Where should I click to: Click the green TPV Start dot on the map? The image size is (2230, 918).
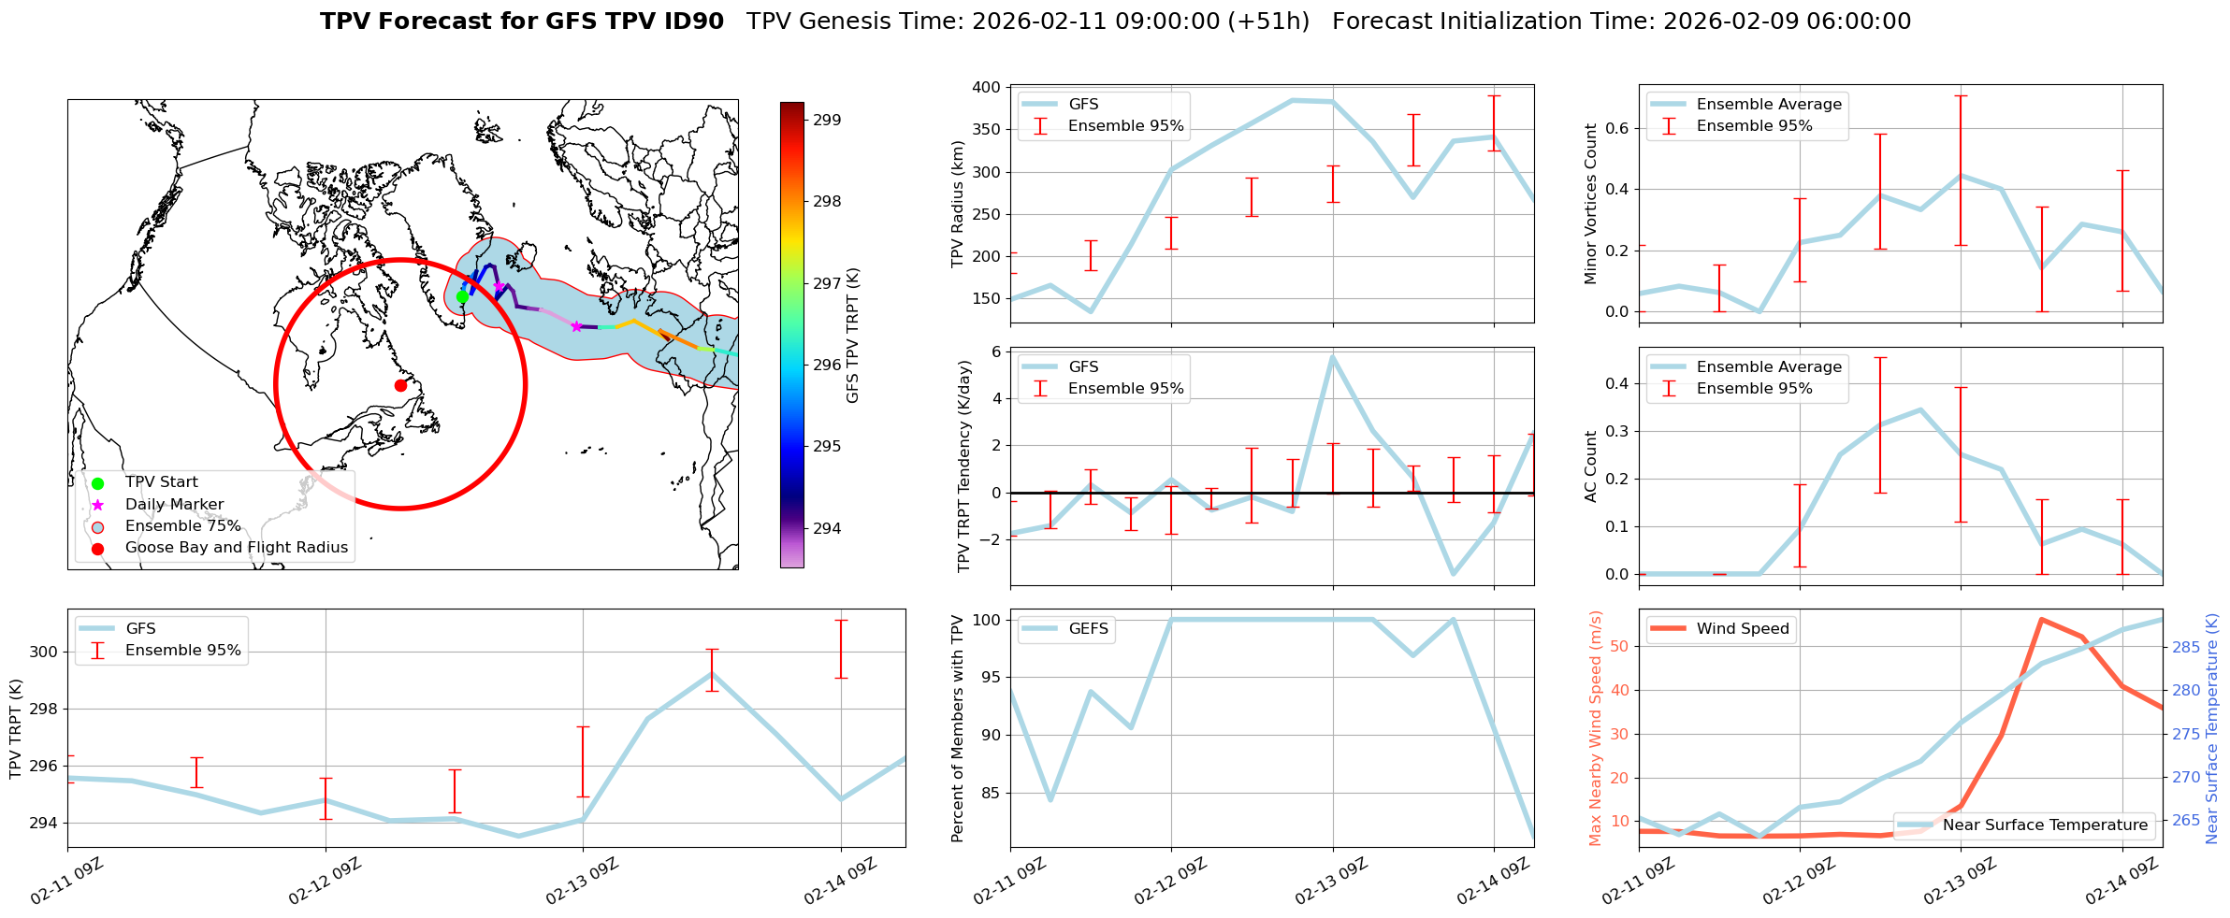click(x=462, y=297)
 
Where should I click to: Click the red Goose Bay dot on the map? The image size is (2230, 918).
click(x=400, y=385)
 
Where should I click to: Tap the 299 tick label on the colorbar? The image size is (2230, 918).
click(x=827, y=120)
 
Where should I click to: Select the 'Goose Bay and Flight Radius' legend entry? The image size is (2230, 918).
click(x=236, y=548)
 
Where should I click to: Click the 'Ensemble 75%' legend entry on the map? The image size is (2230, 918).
click(x=182, y=526)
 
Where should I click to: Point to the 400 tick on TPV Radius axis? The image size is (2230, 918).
click(x=990, y=87)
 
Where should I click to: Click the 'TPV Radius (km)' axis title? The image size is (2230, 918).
click(x=958, y=203)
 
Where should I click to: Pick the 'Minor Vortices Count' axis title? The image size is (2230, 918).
click(x=1590, y=203)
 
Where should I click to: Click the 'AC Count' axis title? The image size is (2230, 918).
click(x=1590, y=466)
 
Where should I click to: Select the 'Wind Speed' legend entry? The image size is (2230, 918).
click(x=1742, y=629)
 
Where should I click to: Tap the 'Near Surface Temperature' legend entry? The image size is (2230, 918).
click(x=2044, y=825)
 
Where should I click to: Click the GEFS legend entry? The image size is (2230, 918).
click(x=1088, y=629)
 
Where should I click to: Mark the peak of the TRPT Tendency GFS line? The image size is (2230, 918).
click(x=1332, y=356)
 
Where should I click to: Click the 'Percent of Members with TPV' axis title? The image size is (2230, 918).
click(x=958, y=728)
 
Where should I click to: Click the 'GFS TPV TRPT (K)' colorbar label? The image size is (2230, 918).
click(x=852, y=335)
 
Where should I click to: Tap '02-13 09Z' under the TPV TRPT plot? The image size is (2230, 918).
click(x=580, y=881)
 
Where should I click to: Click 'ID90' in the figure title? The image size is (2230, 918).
click(x=692, y=22)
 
